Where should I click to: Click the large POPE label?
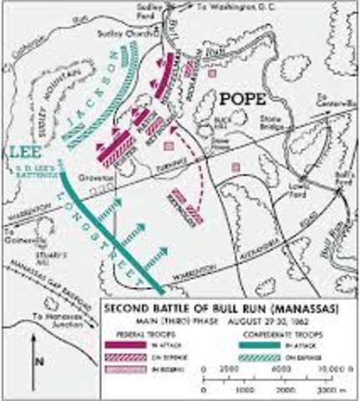coord(244,99)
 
